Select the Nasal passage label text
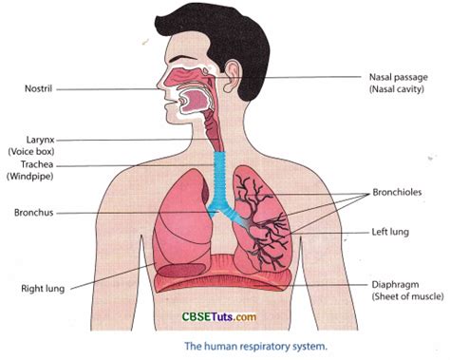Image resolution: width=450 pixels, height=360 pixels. tap(397, 76)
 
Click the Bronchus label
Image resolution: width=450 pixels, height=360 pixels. tap(33, 211)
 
